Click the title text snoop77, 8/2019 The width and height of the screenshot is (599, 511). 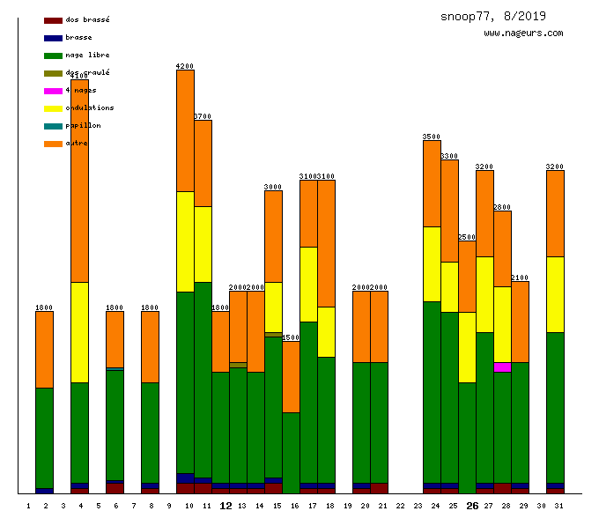[493, 16]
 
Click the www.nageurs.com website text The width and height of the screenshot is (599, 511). [523, 33]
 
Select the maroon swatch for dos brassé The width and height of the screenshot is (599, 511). [53, 20]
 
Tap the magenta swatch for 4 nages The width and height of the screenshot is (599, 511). [53, 91]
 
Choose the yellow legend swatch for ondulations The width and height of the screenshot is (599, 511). [53, 108]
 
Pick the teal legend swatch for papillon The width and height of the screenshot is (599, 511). [53, 126]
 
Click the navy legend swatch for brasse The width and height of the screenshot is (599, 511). [53, 38]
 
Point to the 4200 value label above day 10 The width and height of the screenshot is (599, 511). [185, 66]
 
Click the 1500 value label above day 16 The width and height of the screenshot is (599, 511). [291, 337]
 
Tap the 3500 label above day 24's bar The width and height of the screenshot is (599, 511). [432, 137]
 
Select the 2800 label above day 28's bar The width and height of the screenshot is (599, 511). [502, 207]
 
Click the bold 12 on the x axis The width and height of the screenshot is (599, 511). [226, 506]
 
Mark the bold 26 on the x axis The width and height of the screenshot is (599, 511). [472, 506]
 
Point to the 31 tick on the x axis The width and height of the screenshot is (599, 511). [558, 506]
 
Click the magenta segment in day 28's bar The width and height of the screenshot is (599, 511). [502, 367]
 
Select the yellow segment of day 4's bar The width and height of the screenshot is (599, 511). [79, 332]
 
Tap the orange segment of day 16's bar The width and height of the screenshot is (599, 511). [291, 376]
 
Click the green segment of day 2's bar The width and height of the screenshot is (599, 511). [44, 438]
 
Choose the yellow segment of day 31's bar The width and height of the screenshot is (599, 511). [555, 294]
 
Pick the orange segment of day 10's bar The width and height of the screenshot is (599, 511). [185, 130]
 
